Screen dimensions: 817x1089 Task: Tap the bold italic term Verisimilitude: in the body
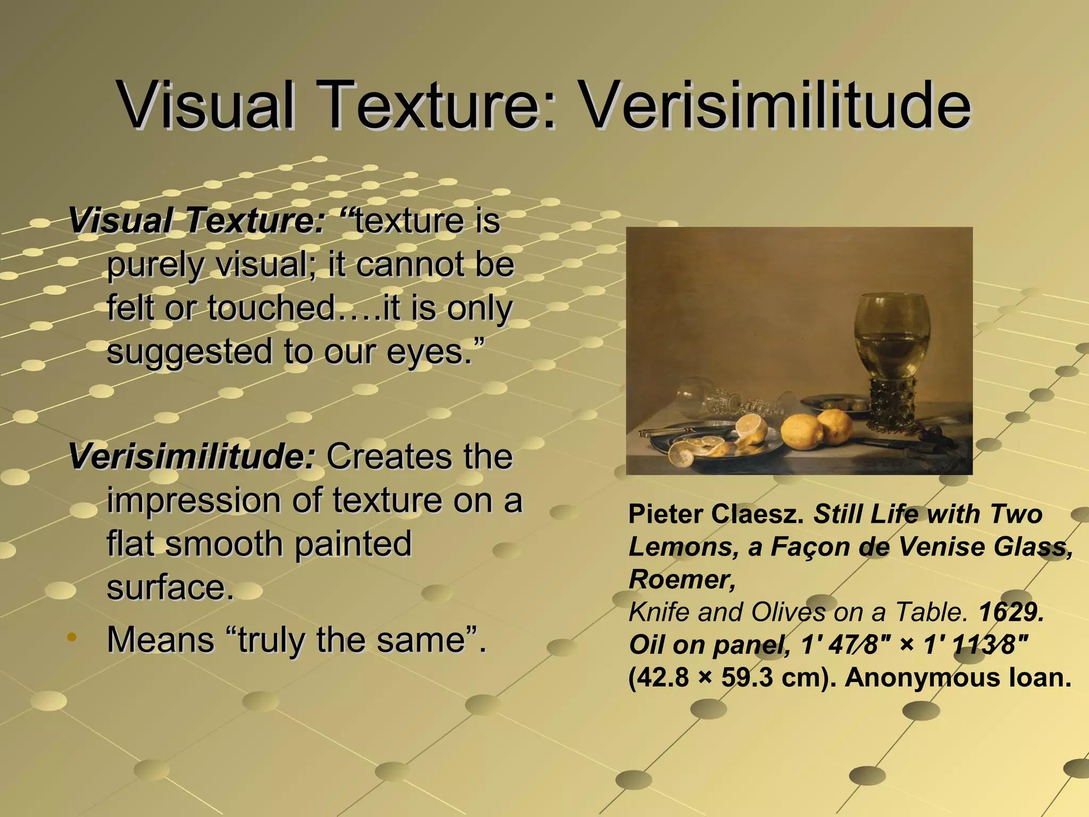coord(191,456)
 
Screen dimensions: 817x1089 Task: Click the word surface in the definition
coord(169,587)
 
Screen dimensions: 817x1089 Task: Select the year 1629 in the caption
coord(1011,612)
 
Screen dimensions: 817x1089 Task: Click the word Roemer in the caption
coord(681,579)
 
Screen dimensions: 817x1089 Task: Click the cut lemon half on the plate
coord(750,428)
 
